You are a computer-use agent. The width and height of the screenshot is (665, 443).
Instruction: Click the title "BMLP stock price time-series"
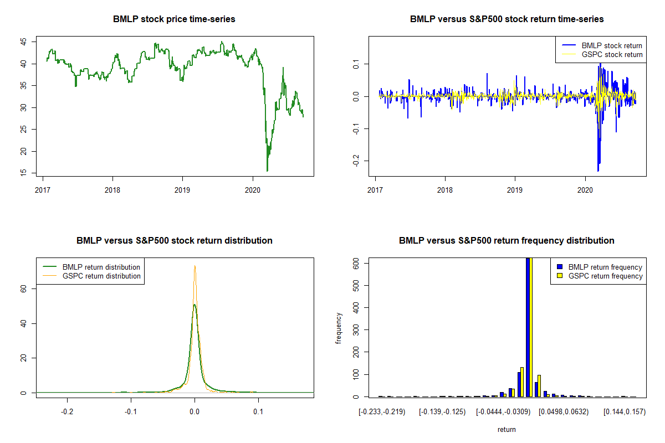coord(174,19)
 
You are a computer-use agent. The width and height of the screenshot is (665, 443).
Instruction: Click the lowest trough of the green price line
coord(267,171)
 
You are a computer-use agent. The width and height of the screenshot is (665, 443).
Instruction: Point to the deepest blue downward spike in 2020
coord(598,171)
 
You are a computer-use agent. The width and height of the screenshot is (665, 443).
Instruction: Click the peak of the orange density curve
coord(195,266)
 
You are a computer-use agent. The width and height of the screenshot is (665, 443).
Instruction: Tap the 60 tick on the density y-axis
coord(24,289)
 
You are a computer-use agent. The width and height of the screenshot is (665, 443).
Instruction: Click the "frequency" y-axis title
coord(340,328)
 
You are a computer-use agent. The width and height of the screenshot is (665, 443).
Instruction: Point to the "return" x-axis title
coord(507,429)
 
